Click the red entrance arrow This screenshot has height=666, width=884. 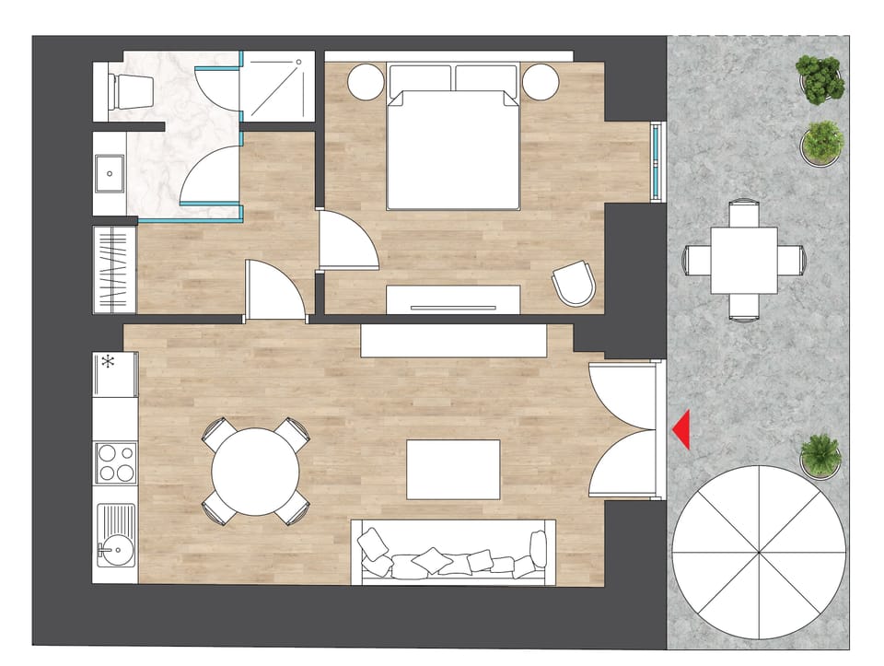(x=682, y=430)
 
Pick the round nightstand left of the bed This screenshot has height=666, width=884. (x=366, y=82)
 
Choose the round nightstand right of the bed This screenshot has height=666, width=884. (x=540, y=82)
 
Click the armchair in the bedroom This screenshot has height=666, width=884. (x=574, y=283)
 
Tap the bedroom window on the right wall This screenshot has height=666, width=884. (x=657, y=162)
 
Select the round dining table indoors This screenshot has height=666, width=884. (x=255, y=472)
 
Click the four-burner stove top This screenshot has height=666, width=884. (x=115, y=462)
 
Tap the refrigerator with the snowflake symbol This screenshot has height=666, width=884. (x=114, y=373)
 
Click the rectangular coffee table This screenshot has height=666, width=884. (x=453, y=469)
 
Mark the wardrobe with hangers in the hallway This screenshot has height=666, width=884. (x=114, y=270)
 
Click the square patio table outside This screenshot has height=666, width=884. (x=743, y=260)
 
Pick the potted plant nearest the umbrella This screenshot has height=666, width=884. (x=820, y=455)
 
